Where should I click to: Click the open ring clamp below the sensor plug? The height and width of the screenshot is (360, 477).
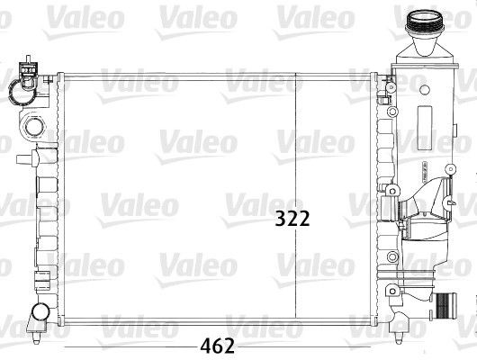[x=18, y=90]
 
